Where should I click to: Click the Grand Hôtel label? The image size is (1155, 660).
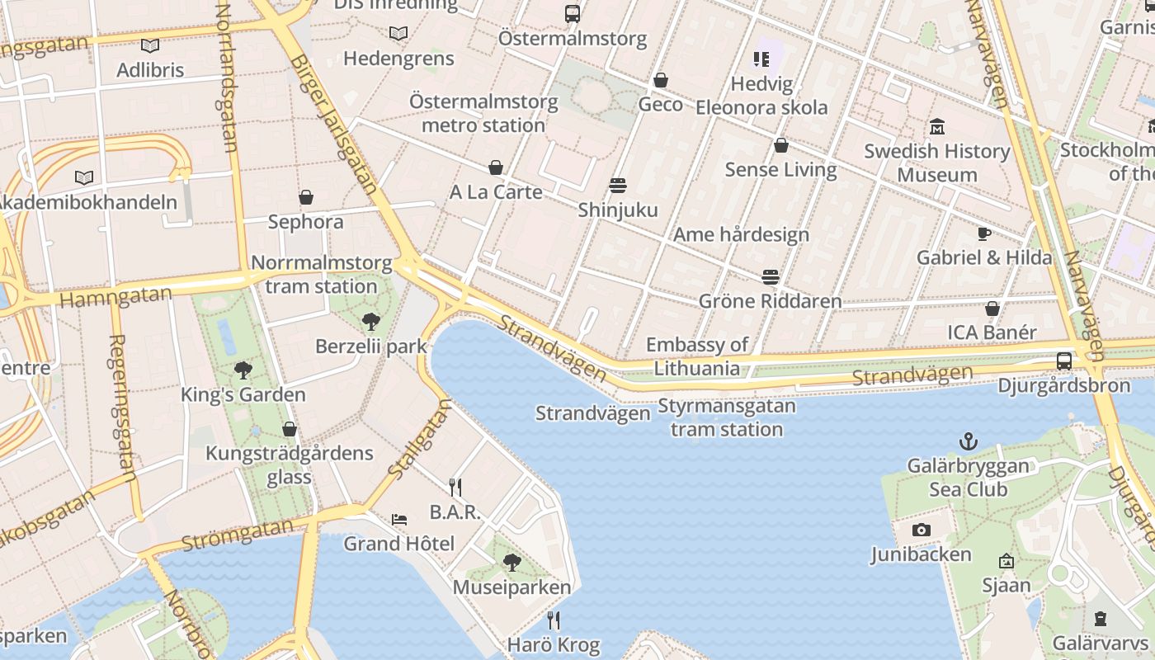click(398, 544)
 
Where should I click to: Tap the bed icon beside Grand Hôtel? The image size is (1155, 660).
click(399, 520)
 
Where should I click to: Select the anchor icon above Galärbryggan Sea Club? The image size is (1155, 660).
click(969, 442)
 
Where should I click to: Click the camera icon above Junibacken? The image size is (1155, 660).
click(922, 530)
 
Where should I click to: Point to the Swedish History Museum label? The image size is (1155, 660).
click(937, 163)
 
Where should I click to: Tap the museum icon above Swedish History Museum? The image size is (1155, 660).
click(937, 127)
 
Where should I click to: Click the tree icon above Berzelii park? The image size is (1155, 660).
click(370, 322)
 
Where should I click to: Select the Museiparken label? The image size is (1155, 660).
click(511, 587)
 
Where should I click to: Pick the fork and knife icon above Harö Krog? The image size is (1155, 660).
click(554, 620)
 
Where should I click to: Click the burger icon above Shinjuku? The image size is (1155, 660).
click(618, 185)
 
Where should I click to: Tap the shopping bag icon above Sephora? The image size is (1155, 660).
click(306, 197)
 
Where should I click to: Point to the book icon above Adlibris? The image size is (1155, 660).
click(149, 46)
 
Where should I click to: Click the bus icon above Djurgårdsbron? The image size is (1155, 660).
click(1064, 361)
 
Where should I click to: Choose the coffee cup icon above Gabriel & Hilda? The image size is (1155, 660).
click(983, 233)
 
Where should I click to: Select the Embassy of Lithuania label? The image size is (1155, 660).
click(697, 356)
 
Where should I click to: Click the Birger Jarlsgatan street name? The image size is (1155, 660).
click(333, 124)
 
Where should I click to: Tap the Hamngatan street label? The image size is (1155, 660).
click(116, 296)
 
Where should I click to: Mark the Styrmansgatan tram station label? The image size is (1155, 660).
click(726, 417)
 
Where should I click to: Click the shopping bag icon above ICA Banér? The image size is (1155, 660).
click(992, 309)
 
